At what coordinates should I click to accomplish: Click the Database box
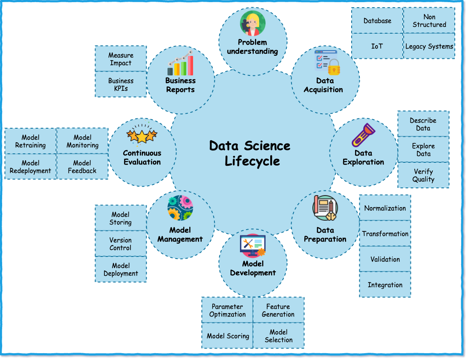[377, 20]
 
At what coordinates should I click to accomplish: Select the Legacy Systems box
[429, 46]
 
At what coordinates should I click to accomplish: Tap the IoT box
[377, 46]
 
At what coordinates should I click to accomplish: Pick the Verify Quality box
[423, 175]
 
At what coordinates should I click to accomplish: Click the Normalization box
[385, 208]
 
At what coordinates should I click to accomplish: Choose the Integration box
[385, 285]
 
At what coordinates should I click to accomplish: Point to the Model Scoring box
[228, 336]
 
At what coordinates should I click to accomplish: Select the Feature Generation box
[278, 310]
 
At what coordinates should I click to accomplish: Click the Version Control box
[121, 244]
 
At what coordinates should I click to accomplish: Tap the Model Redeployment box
[30, 167]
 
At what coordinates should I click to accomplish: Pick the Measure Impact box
[121, 59]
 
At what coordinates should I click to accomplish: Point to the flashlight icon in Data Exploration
[363, 135]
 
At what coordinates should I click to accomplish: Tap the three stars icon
[142, 136]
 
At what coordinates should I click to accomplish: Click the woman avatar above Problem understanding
[252, 24]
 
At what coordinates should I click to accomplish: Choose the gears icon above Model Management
[180, 208]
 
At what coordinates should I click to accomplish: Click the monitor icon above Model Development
[253, 245]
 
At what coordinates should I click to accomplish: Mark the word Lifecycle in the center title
[252, 161]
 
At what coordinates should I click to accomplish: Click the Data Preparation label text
[325, 234]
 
